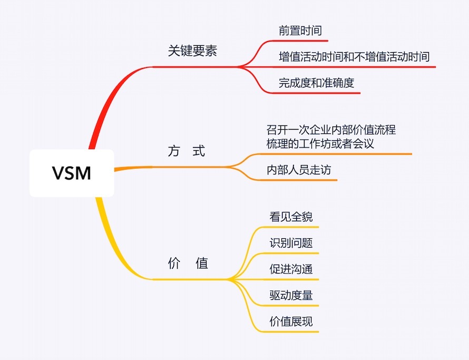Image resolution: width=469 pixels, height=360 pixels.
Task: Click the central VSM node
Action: pos(72,173)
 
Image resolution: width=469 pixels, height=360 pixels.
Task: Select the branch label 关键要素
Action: pos(192,52)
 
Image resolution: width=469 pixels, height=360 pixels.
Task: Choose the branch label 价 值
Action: pos(188,263)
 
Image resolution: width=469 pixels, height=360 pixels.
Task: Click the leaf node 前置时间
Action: pos(300,31)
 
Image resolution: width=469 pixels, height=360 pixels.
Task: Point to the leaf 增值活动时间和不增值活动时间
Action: pos(354,56)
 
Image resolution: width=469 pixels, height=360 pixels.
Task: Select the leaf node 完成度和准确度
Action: pos(316,83)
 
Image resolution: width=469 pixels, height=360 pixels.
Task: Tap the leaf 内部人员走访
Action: pos(299,170)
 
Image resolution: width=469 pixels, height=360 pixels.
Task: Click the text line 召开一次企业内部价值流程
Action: pos(331,130)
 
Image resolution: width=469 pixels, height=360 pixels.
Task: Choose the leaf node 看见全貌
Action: pos(291,217)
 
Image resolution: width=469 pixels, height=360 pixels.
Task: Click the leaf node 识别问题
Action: pos(291,243)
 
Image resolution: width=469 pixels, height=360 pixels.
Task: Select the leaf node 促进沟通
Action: pos(291,269)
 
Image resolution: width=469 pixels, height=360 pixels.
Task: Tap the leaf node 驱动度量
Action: pos(291,295)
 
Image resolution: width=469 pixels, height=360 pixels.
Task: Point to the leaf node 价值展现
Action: pos(291,321)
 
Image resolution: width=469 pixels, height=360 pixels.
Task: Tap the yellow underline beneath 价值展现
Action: pos(292,332)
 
